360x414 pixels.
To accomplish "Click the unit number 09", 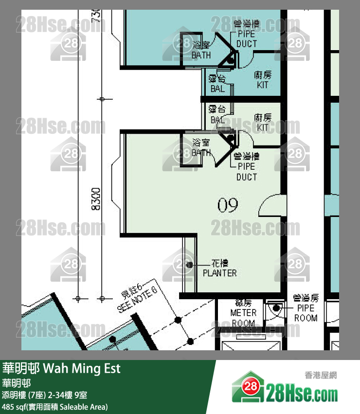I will tap(228, 206).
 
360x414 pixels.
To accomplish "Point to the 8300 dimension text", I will tap(96, 198).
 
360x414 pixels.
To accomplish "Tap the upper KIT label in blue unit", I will tap(263, 80).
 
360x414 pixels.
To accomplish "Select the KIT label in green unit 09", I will tap(263, 123).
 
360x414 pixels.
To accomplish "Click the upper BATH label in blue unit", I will tap(201, 50).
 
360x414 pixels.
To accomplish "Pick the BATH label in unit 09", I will tap(201, 148).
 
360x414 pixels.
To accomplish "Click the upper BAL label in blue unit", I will tap(217, 84).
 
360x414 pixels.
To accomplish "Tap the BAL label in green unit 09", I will tap(217, 114).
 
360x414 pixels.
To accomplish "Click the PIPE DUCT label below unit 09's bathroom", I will tap(247, 167).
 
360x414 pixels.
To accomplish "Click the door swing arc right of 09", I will tap(268, 206).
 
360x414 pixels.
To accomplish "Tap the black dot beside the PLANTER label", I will tap(189, 265).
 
